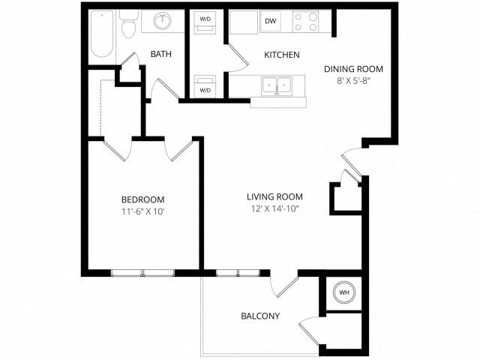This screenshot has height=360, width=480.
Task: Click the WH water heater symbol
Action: click(344, 292)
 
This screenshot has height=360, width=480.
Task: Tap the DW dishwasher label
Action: click(270, 22)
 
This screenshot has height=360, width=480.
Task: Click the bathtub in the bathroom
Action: click(101, 34)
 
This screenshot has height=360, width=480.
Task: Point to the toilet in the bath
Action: click(128, 25)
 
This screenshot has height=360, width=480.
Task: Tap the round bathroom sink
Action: click(163, 21)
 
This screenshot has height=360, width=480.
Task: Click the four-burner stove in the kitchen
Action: click(305, 22)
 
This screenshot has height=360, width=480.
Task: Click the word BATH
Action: click(161, 55)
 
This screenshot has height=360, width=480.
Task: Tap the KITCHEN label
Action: click(282, 55)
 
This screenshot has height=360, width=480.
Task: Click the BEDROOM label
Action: click(142, 199)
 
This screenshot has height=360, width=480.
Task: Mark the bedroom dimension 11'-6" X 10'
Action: click(142, 211)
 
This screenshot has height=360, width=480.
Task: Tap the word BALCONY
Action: click(259, 316)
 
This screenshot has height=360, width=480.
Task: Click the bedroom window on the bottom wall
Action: click(142, 272)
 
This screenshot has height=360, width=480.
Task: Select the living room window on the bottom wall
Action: click(238, 272)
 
